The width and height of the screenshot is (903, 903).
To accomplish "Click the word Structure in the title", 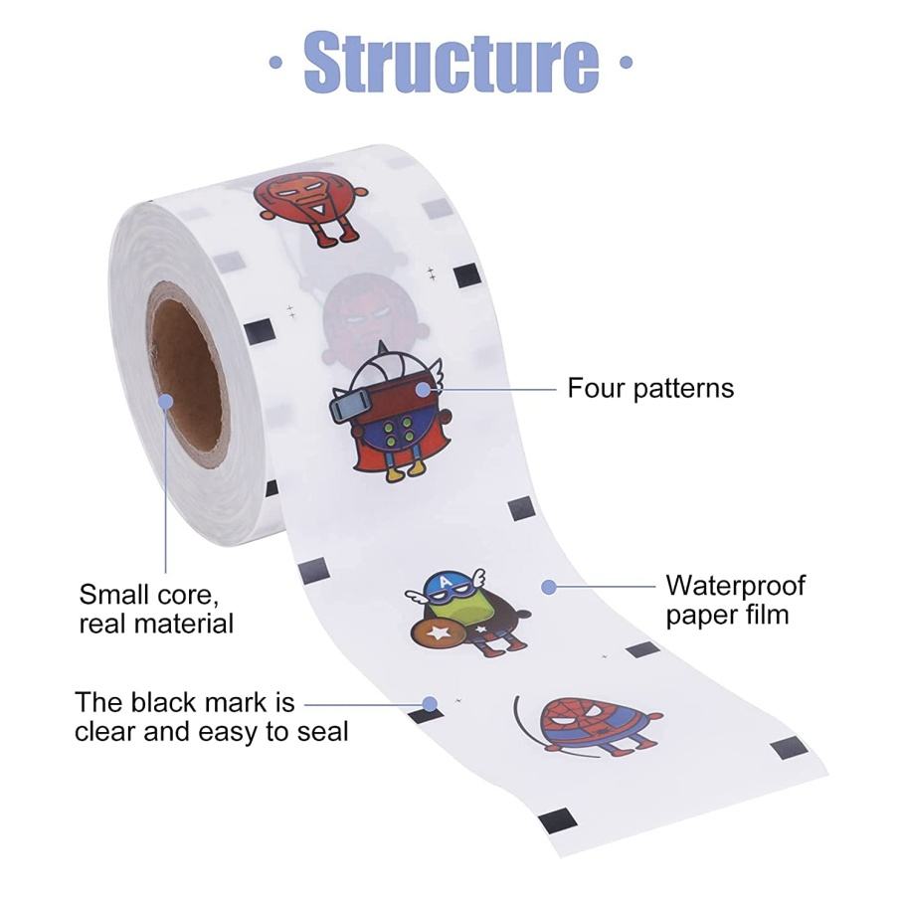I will point(451,61).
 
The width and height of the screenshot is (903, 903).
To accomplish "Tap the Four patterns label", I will point(650,388).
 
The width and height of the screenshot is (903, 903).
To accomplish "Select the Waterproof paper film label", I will point(735,600).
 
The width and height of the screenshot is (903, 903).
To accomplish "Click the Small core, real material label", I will point(156,609).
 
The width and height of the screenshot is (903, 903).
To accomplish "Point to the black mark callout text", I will point(212,717).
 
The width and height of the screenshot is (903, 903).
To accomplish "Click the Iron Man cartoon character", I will point(309,204).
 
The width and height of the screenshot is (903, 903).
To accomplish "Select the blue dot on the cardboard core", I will point(165,401).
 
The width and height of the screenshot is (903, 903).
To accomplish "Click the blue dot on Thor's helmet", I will point(423,389).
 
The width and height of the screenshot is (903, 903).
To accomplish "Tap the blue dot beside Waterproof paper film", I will point(548,587).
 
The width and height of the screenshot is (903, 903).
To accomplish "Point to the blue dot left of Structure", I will point(274,62).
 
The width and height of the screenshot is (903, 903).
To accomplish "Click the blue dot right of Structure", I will point(626,62).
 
